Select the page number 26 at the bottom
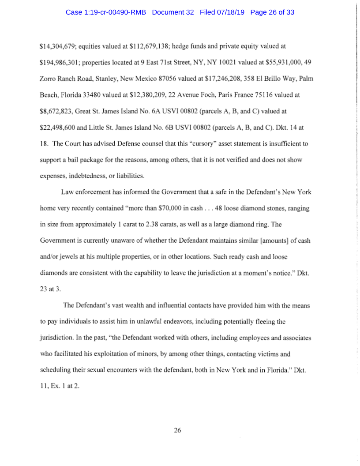click(x=178, y=431)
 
